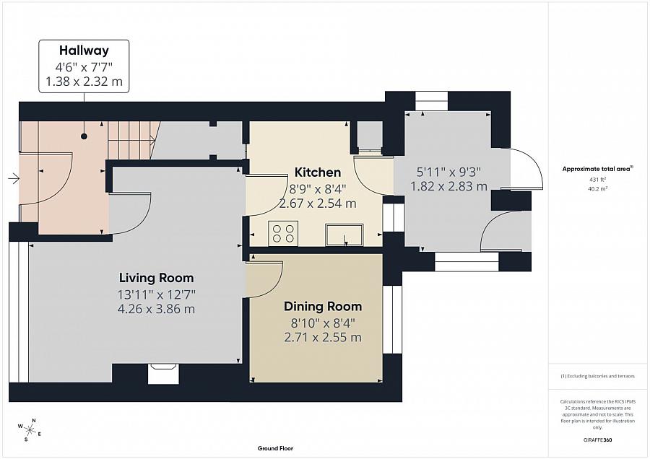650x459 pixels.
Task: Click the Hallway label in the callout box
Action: pos(84,50)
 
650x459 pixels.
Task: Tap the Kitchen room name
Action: pos(318,172)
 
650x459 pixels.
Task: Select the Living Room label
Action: pos(156,278)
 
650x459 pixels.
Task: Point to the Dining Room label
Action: pos(323,307)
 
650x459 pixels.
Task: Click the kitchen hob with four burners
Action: pos(283,233)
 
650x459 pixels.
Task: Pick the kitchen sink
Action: pos(344,235)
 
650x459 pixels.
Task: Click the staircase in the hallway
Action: pos(134,141)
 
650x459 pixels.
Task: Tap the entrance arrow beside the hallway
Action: pos(14,179)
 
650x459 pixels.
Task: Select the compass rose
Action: pos(29,429)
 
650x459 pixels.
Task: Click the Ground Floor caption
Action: pos(275,448)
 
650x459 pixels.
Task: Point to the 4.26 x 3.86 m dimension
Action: pos(156,309)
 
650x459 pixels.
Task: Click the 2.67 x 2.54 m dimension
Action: pos(318,204)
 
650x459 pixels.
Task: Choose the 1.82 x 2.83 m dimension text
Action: pos(448,186)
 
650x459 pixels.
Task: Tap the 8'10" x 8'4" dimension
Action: pos(323,323)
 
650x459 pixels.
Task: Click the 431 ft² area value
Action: pos(598,180)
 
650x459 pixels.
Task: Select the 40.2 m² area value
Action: pos(598,188)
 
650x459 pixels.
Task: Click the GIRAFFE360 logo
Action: pos(598,440)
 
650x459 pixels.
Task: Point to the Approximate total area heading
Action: pos(597,169)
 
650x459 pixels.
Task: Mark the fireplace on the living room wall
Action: pos(163,374)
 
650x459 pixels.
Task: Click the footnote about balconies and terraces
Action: pos(597,376)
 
